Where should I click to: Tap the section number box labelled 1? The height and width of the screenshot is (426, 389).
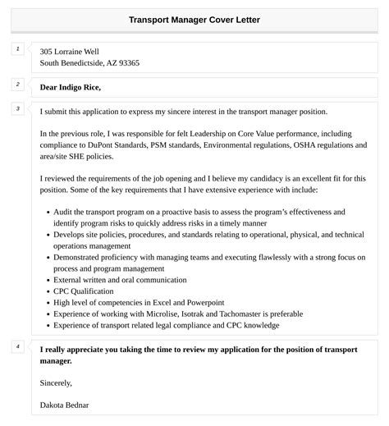click(17, 50)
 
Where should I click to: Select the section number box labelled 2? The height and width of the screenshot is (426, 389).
click(17, 84)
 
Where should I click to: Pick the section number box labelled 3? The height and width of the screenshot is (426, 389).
click(17, 108)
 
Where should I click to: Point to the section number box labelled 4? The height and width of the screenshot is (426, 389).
click(17, 346)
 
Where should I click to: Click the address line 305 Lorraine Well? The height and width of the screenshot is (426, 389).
click(75, 51)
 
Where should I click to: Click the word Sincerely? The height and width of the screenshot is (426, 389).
click(56, 382)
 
